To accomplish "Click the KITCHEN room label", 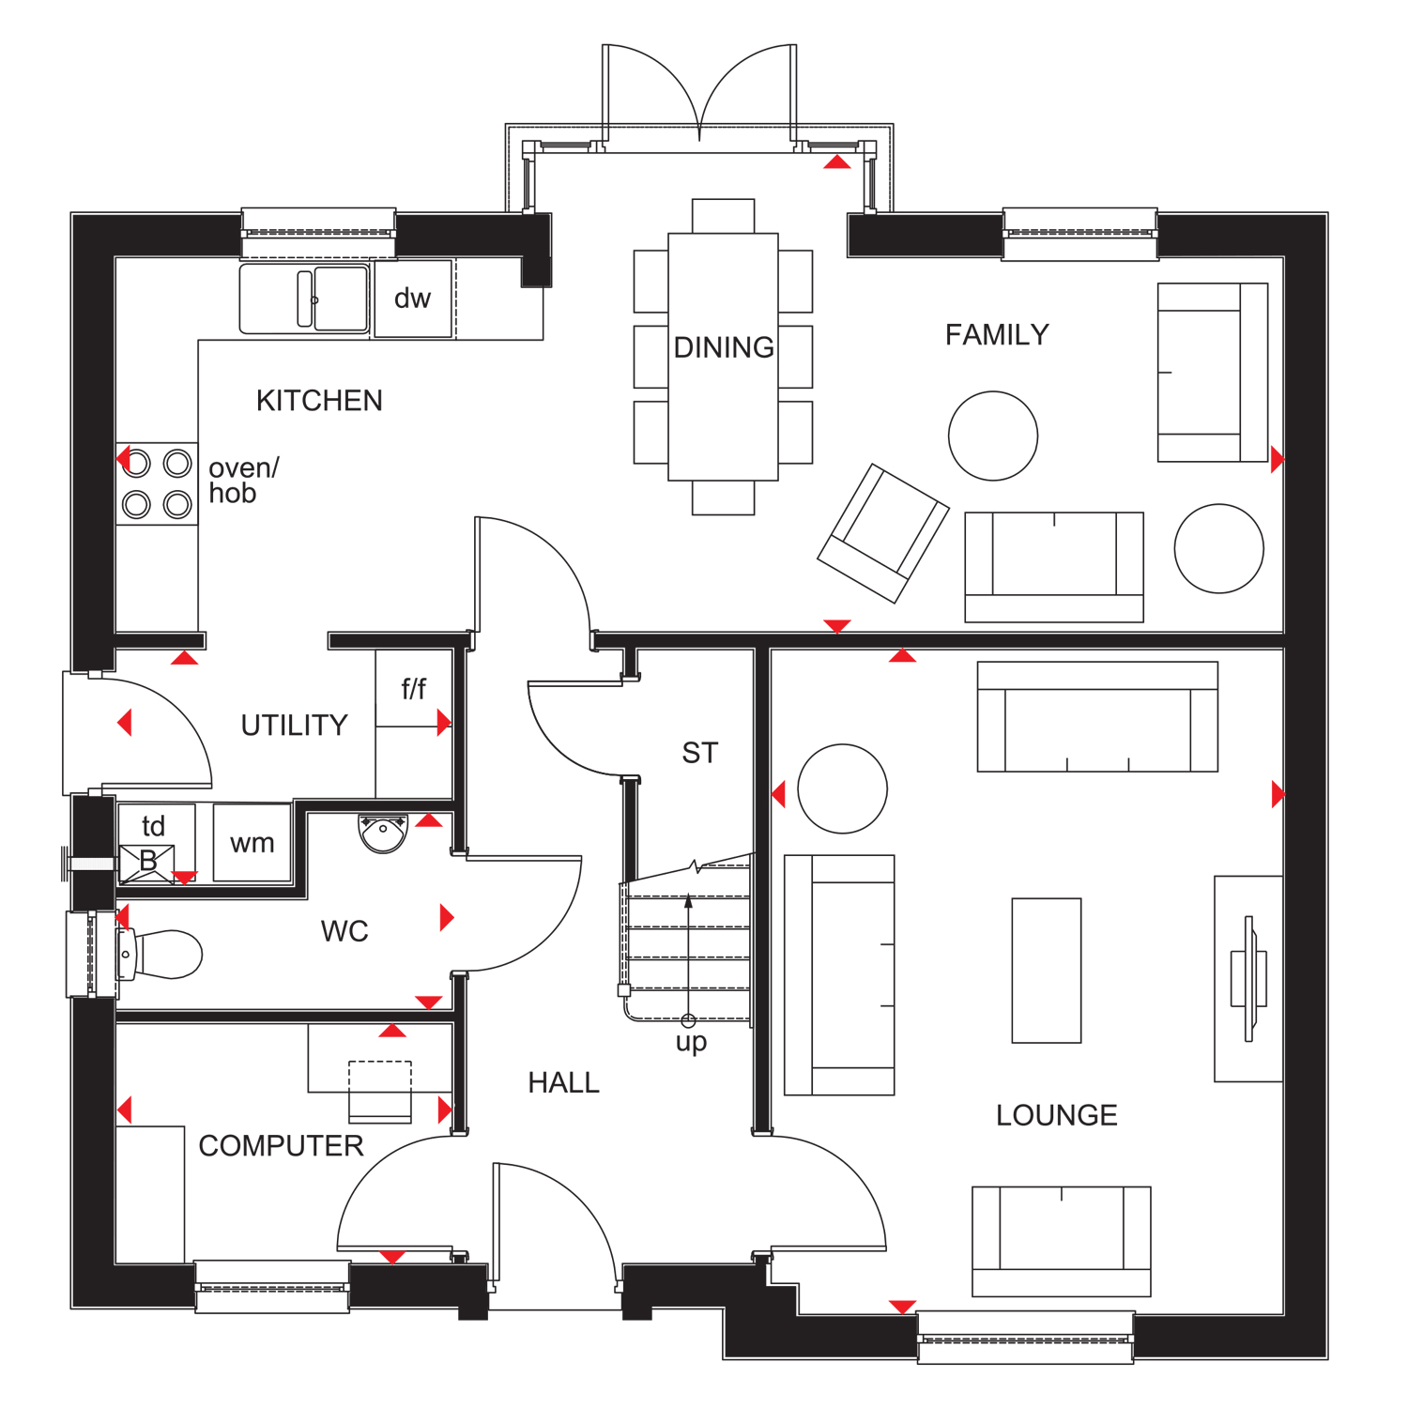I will [319, 401].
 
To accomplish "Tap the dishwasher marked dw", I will [412, 298].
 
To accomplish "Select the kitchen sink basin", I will [340, 298].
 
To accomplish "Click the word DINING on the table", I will [723, 347].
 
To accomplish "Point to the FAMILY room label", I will [997, 335].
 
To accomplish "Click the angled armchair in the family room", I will [882, 532].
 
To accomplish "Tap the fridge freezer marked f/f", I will [413, 689].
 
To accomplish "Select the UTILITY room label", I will [294, 726].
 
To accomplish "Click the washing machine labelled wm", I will [252, 843].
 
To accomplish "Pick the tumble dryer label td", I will [153, 826].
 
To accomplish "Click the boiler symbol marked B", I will [147, 862].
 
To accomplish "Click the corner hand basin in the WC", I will [383, 833].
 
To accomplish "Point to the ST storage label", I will [699, 753].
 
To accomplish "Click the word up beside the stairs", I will [691, 1042].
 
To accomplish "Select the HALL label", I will [563, 1083].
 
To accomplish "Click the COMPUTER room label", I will [281, 1146].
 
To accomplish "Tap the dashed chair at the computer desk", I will [380, 1091].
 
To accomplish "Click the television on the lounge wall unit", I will [1248, 978].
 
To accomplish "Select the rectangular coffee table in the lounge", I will [1046, 971].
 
